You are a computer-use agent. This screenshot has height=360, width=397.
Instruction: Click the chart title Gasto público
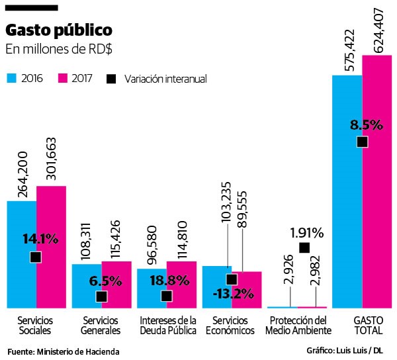(59, 31)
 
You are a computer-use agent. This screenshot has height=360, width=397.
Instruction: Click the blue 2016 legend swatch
(11, 78)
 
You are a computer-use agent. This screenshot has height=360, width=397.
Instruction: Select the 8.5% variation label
(362, 124)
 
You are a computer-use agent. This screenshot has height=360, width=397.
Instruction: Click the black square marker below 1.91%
(304, 248)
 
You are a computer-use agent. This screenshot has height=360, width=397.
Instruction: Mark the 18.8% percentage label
(167, 280)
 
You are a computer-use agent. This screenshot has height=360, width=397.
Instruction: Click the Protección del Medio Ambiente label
(296, 325)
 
